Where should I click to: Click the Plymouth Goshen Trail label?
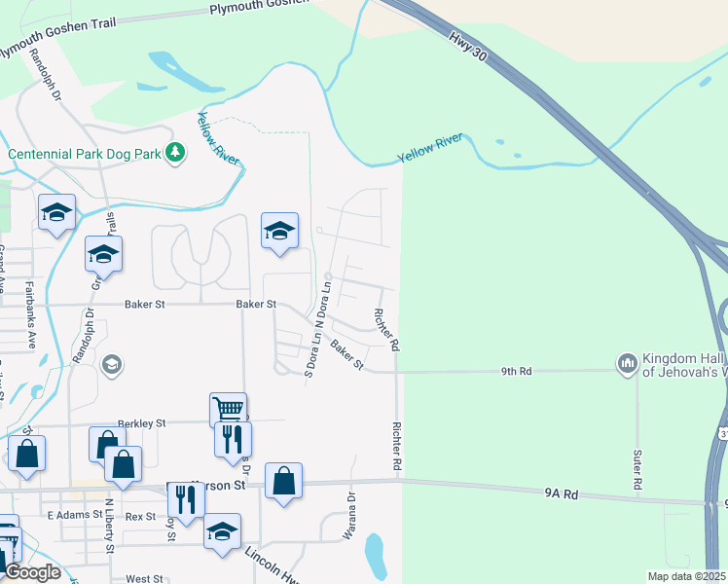click(258, 8)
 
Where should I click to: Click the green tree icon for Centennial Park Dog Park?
click(175, 152)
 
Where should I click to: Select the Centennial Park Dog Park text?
click(85, 154)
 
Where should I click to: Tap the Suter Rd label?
click(637, 470)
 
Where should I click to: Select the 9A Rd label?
click(563, 494)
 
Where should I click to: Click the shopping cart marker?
click(228, 409)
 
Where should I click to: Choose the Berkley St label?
click(142, 423)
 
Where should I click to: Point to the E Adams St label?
click(74, 514)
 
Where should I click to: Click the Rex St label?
click(141, 516)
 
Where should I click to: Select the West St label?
click(144, 578)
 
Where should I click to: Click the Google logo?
click(32, 572)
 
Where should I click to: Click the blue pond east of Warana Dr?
click(376, 555)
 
